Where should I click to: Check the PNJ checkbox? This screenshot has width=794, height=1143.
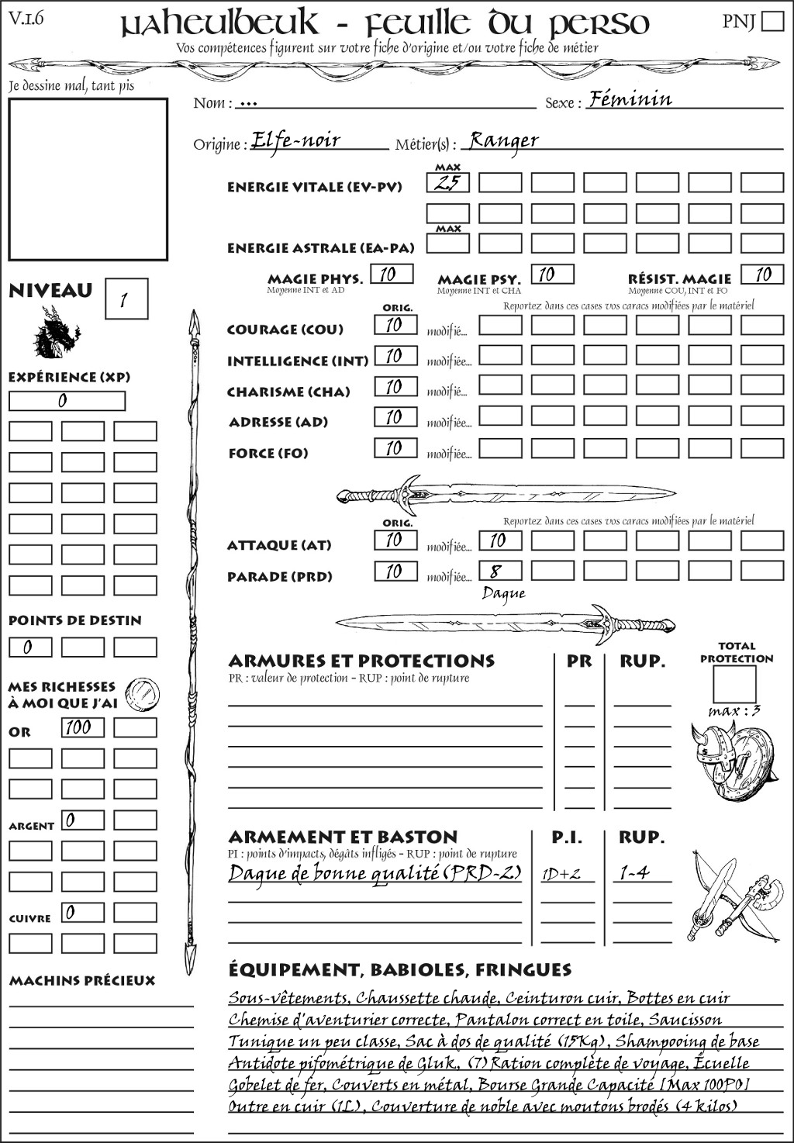(772, 20)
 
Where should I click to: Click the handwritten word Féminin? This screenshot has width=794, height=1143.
(630, 99)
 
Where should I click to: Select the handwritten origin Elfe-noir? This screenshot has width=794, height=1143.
(296, 140)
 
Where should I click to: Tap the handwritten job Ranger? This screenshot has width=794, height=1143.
(504, 140)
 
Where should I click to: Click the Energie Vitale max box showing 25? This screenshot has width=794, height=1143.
(447, 183)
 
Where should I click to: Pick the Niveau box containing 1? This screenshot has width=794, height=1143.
(126, 299)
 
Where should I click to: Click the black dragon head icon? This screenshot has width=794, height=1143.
(56, 333)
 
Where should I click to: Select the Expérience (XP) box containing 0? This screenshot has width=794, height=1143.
(67, 401)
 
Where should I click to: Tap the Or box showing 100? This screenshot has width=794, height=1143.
(82, 727)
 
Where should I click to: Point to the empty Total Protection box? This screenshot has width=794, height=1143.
(734, 685)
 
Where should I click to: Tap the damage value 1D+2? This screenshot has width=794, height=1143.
(561, 874)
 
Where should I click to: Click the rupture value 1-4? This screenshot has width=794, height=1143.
(634, 873)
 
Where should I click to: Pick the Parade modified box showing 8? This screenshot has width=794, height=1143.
(499, 571)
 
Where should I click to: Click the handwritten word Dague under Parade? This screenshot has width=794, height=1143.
(503, 594)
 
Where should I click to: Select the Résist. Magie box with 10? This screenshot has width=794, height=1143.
(761, 275)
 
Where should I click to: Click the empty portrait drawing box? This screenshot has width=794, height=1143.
(88, 179)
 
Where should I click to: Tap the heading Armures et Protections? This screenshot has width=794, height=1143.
(361, 661)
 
